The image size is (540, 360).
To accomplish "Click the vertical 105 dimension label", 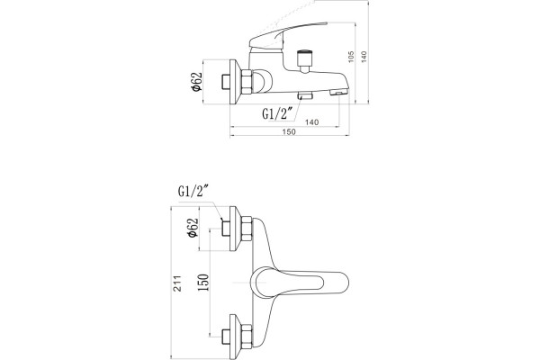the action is coord(351,57).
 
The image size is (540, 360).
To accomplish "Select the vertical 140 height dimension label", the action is coord(364,57).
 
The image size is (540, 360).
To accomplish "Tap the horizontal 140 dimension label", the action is coord(311,122).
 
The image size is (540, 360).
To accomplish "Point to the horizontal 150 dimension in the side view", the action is coord(289,131).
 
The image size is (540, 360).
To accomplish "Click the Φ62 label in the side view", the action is coord(196,82).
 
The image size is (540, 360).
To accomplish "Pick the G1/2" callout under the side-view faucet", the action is coord(277,113).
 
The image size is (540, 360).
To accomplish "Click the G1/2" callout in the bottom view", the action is coord(193,191).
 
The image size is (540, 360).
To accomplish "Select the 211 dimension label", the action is coord(177,283).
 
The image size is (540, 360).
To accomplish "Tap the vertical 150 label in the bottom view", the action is coord(203,282).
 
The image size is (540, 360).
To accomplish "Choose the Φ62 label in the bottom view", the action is coord(193,228).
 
